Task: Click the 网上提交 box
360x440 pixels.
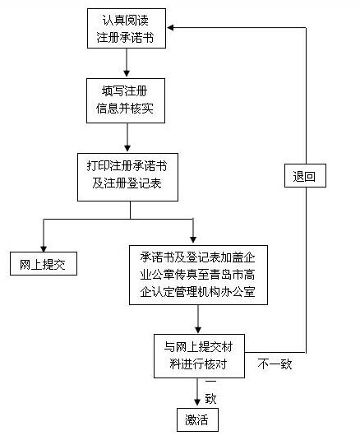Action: tap(42, 264)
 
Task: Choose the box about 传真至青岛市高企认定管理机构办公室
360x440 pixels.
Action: tap(199, 274)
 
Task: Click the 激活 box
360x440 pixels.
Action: tap(196, 420)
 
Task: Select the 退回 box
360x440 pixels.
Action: tap(304, 175)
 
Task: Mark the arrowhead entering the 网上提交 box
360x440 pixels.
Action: tap(43, 243)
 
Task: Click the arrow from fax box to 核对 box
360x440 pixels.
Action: tap(198, 317)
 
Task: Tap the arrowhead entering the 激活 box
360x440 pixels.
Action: tap(197, 402)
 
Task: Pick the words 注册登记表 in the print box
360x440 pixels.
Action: tap(138, 183)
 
